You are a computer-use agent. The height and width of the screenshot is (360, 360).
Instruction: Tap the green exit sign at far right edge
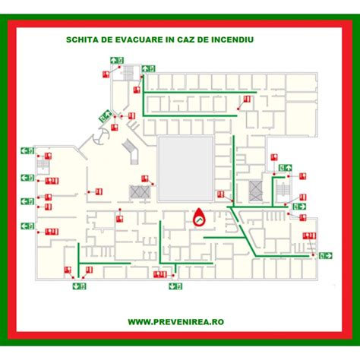point(325,255)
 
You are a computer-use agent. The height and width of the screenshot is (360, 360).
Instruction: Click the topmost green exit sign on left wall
point(27,150)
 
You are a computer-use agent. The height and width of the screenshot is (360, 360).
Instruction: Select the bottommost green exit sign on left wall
point(27,226)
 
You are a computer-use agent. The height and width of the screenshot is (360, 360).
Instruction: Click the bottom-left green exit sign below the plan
point(80,286)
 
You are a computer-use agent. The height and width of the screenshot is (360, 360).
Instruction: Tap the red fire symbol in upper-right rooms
point(246,100)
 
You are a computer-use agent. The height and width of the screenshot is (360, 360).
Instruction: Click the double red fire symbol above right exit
point(308,237)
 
